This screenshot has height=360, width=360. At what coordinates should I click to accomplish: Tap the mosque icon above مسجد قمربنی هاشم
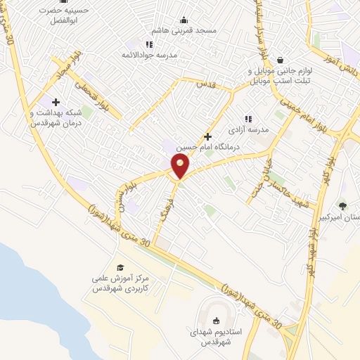pyautogui.click(x=184, y=20)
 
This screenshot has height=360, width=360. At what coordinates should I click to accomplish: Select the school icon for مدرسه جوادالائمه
pyautogui.click(x=148, y=45)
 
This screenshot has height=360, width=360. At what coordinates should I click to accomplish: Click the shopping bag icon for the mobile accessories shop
pyautogui.click(x=281, y=60)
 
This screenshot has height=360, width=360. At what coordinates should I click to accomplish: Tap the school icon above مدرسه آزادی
pyautogui.click(x=247, y=119)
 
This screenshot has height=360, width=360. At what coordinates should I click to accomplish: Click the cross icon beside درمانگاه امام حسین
pyautogui.click(x=207, y=136)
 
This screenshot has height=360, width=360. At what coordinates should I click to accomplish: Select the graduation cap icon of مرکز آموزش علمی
pyautogui.click(x=120, y=268)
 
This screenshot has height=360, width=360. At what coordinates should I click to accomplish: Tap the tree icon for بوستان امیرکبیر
pyautogui.click(x=342, y=206)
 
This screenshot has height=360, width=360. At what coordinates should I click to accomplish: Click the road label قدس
pyautogui.click(x=204, y=84)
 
